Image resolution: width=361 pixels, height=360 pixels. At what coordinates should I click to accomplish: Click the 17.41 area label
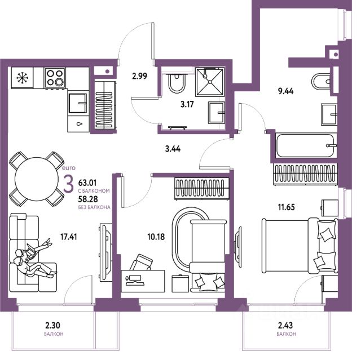(69, 237)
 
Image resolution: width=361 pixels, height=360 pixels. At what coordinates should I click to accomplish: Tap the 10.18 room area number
(156, 237)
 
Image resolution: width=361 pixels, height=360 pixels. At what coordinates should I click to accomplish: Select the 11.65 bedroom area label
(286, 207)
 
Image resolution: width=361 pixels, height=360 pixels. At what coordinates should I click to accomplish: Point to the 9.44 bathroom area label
(286, 91)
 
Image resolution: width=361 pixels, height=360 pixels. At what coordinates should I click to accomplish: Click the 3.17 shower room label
(187, 104)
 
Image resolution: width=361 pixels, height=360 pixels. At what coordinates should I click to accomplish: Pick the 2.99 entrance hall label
(139, 76)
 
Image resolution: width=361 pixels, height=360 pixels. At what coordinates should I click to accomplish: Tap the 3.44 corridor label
(173, 149)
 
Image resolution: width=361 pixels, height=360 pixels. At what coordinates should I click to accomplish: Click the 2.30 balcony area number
(52, 325)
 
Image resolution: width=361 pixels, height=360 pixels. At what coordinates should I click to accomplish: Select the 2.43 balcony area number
(285, 325)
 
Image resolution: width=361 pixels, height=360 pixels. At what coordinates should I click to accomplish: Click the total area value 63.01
(87, 183)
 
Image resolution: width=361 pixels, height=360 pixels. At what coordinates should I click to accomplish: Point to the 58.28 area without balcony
(88, 199)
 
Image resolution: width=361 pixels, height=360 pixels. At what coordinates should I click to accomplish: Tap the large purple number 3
(68, 184)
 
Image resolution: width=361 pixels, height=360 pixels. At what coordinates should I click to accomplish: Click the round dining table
(36, 179)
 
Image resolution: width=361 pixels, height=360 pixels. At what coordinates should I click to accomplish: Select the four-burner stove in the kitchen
(55, 78)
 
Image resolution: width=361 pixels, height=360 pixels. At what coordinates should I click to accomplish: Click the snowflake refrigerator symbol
(23, 78)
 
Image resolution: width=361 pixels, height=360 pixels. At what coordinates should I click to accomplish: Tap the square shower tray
(210, 82)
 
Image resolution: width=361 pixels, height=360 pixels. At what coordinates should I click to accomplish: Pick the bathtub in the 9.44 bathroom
(306, 145)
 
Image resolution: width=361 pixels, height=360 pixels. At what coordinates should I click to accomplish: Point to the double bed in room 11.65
(300, 246)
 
